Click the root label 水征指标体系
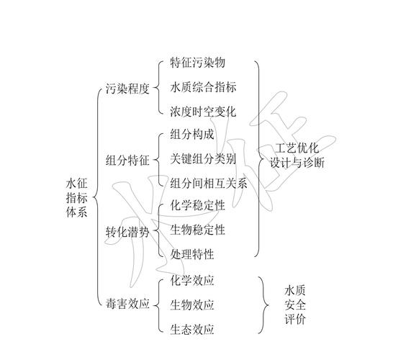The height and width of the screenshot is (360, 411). coord(76,198)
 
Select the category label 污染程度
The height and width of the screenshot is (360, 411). coord(127,89)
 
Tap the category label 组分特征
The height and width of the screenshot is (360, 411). coord(127,161)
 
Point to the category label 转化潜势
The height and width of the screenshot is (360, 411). coord(127,232)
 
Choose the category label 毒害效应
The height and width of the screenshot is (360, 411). coord(127,304)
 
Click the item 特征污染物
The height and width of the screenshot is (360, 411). coord(198,63)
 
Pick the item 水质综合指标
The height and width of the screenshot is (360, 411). coord(203,87)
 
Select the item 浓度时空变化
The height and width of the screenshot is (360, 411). coord(203,112)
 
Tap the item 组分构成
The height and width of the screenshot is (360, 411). coord(192,135)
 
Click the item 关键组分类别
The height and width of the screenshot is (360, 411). coord(203,159)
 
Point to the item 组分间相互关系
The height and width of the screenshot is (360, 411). coord(209,184)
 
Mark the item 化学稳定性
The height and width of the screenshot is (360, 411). coord(198,205)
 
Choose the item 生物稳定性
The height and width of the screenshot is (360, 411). coord(198,230)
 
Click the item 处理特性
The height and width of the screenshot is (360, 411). coord(192,254)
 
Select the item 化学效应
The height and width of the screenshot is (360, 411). coord(192,280)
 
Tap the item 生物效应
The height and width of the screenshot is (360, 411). coord(192,305)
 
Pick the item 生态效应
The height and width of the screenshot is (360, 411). coord(192,329)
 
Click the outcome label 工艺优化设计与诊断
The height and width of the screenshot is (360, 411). coord(297,156)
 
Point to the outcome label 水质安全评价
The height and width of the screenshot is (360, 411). coord(295,305)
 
